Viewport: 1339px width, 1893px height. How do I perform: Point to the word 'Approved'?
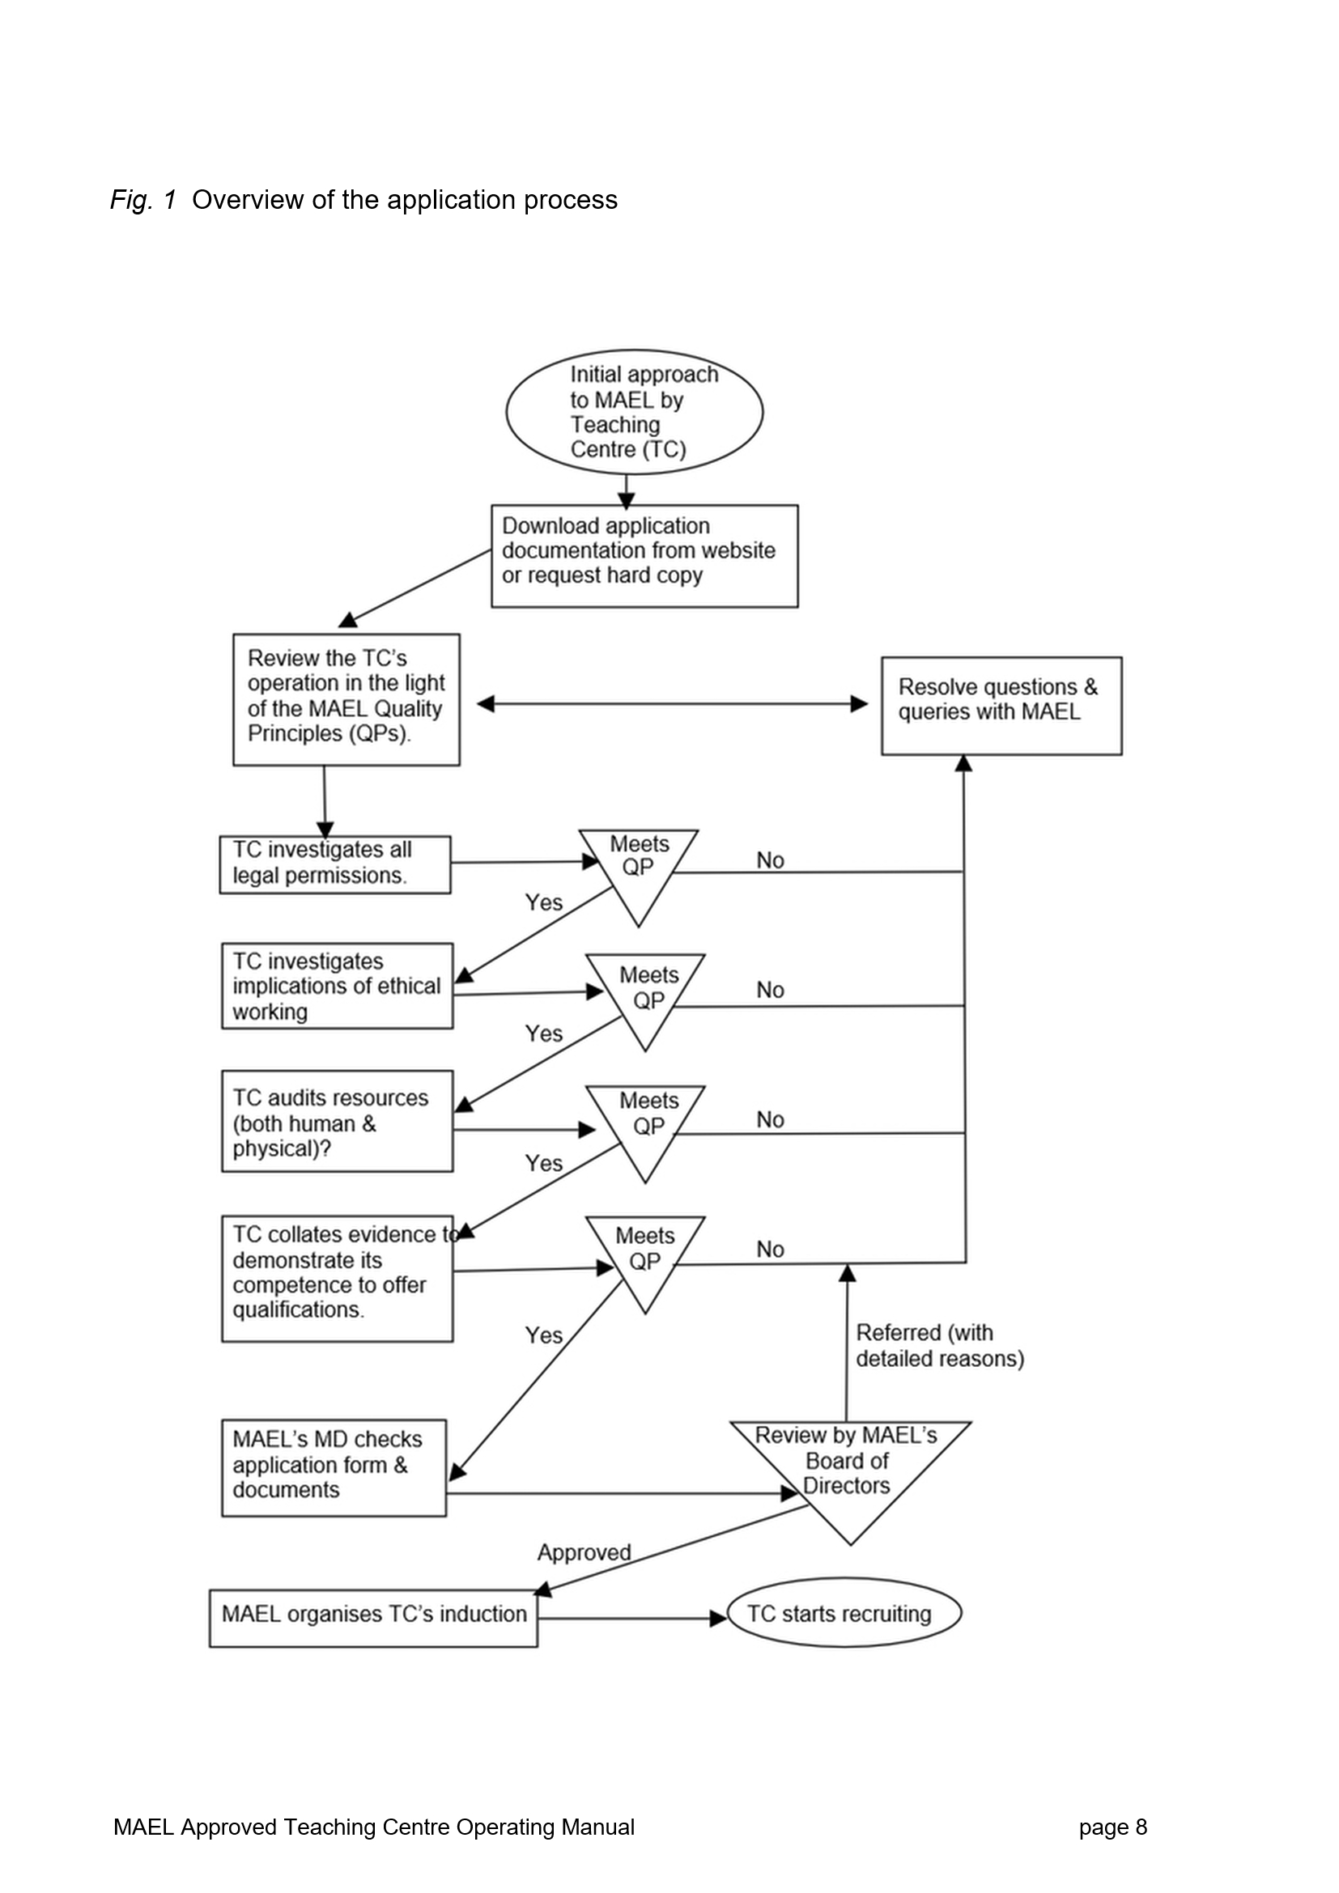pyautogui.click(x=584, y=1552)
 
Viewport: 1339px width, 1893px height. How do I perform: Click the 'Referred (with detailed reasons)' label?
pyautogui.click(x=940, y=1346)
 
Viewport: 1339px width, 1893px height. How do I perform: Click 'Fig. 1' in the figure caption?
pyautogui.click(x=143, y=200)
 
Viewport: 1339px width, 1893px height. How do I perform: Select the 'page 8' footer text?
pyautogui.click(x=1113, y=1828)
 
